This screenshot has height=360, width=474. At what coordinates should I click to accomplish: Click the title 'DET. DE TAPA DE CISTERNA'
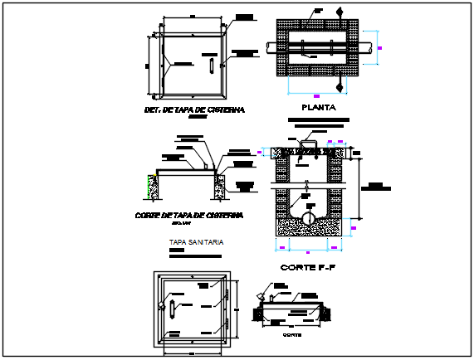tap(193, 109)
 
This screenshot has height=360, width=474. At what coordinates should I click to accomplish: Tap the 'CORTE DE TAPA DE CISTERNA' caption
tap(188, 215)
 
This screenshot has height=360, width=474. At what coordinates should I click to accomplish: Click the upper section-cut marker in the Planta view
tap(339, 12)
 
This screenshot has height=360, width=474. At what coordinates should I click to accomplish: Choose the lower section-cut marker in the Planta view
tap(339, 85)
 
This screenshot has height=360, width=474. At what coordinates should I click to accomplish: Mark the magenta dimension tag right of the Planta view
tap(380, 49)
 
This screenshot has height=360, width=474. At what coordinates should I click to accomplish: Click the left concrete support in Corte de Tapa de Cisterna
tap(153, 187)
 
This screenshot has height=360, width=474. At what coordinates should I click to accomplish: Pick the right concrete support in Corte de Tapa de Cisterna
tap(222, 186)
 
